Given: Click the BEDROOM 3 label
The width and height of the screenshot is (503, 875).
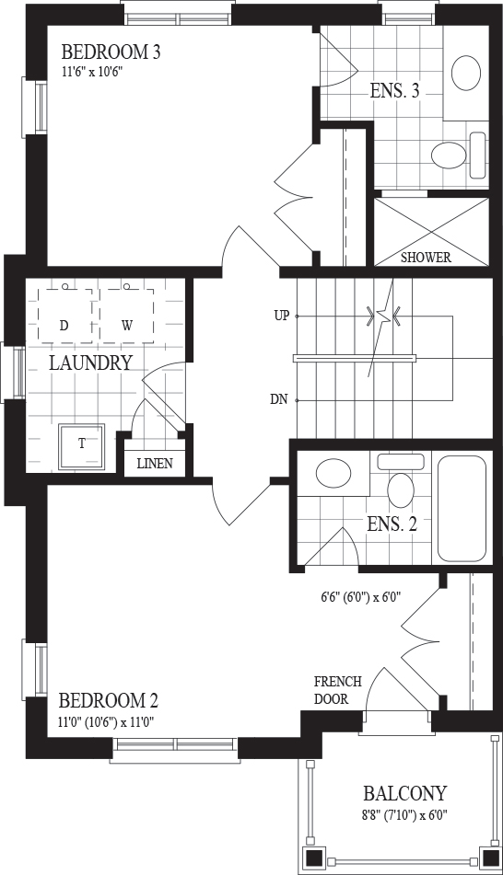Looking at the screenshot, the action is [111, 52].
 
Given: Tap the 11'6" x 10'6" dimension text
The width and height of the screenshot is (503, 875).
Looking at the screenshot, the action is [91, 72].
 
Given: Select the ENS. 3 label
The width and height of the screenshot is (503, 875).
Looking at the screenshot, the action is [394, 90].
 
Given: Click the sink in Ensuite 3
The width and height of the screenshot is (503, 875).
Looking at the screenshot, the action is [466, 73].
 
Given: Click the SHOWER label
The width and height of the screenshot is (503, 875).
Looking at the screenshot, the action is [426, 258].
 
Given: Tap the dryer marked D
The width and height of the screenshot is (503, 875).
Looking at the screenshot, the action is [64, 316].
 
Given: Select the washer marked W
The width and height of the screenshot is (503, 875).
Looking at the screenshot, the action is [127, 316].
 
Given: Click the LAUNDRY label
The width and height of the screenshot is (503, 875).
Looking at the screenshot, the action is [90, 363].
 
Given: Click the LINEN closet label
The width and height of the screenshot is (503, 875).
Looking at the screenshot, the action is [155, 463].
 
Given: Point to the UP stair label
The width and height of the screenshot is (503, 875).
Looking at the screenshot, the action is [281, 316].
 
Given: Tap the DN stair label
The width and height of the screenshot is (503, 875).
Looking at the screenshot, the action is [279, 399].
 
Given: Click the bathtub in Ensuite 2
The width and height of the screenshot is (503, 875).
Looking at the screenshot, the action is [462, 509].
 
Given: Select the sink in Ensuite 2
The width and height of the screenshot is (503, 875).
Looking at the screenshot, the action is [333, 474].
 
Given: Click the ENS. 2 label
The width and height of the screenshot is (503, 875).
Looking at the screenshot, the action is [392, 524].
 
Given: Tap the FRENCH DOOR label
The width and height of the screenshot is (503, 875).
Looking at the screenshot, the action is [337, 690].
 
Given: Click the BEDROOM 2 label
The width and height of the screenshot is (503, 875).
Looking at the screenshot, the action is [109, 700].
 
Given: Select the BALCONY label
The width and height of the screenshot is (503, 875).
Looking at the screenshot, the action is [405, 793].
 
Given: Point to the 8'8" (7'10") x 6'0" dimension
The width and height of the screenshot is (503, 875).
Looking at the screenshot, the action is [405, 813].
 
